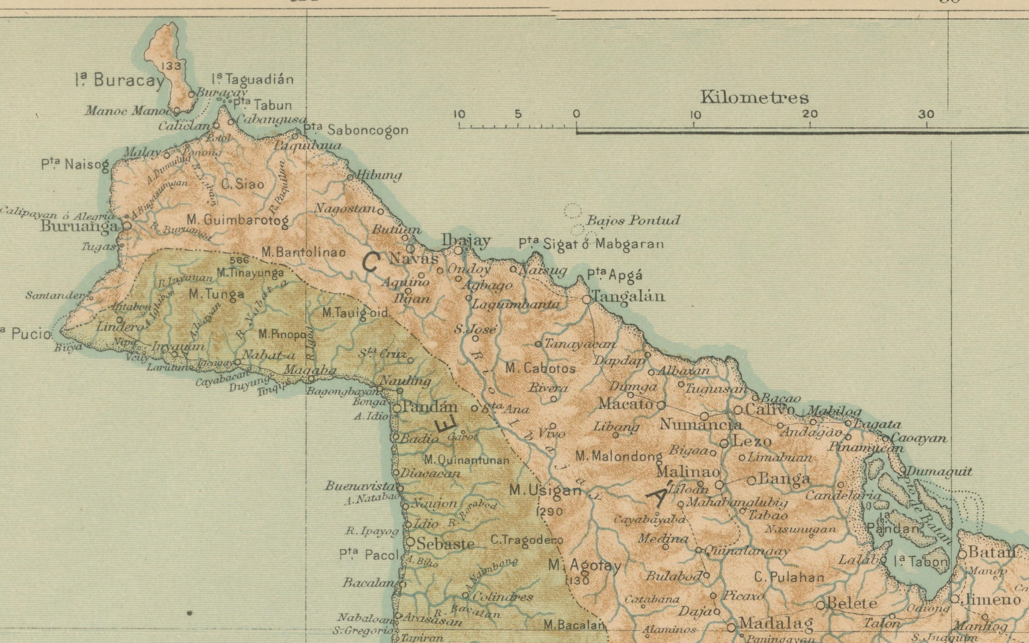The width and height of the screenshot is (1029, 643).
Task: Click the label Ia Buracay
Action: pos(120,80)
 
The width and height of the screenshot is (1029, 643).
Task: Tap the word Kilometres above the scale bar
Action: pos(754,98)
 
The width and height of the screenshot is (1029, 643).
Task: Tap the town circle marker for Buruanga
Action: pos(127,226)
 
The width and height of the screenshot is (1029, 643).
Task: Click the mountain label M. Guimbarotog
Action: pos(238,220)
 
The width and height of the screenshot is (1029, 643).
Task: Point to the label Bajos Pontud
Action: pos(633,220)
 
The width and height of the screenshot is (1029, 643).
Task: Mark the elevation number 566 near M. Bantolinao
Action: pos(238,260)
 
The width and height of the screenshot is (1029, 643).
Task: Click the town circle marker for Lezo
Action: pos(724,444)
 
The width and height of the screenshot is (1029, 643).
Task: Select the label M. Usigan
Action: pos(545,490)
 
